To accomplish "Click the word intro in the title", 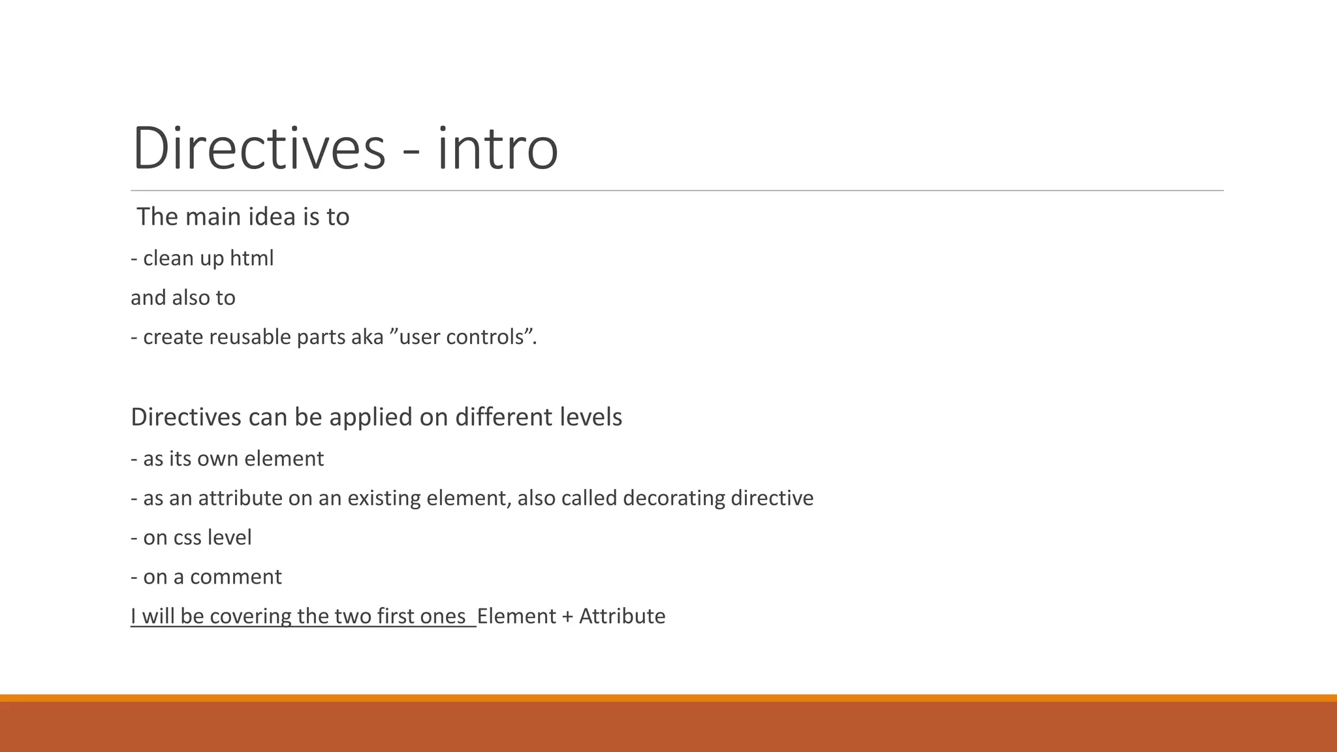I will coord(497,149).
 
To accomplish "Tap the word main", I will coord(208,217).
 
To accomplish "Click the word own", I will coord(218,459).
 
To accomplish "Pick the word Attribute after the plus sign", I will coord(622,616).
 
